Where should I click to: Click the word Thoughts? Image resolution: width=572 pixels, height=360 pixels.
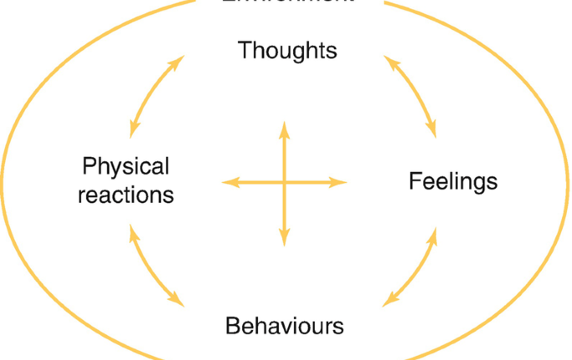287,50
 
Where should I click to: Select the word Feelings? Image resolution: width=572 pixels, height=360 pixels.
453,181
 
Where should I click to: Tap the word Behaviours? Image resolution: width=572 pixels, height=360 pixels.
284,325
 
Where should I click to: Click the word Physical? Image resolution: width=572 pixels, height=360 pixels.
125,166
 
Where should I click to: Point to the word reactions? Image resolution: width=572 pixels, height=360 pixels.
125,196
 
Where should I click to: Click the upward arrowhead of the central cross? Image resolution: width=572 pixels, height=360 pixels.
285,127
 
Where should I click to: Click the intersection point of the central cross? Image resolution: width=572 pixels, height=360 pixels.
285,182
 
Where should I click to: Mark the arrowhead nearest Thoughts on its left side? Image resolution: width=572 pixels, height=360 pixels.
179,60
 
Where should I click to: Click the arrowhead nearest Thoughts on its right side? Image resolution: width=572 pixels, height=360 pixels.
389,61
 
